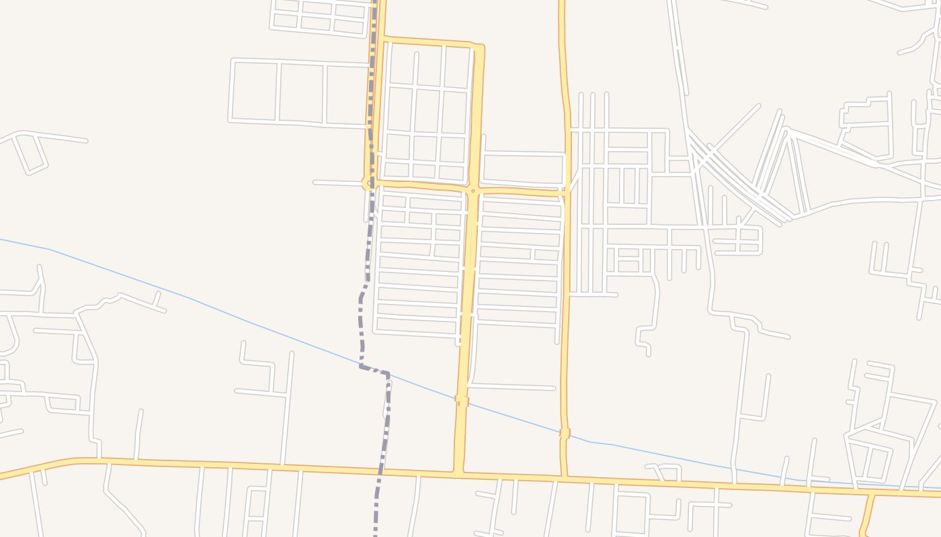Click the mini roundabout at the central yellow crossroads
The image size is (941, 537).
(x=473, y=191)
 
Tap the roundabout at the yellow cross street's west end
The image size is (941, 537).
(x=368, y=182)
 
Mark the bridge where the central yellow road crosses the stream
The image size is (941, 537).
(x=462, y=400)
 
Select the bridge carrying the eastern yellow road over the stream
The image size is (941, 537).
(x=565, y=434)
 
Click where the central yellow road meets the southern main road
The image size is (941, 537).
(x=458, y=473)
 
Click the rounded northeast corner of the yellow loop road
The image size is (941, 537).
(x=480, y=47)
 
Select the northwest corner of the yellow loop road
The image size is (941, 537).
(x=382, y=40)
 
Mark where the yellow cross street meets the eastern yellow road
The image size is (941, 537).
(x=566, y=191)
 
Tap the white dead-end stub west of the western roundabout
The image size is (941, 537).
(x=336, y=182)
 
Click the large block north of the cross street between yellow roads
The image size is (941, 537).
(x=523, y=168)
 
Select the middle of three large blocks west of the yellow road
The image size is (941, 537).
(x=300, y=93)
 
